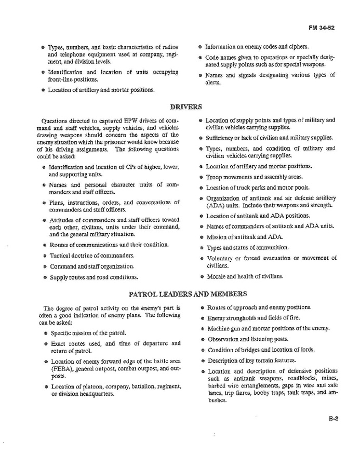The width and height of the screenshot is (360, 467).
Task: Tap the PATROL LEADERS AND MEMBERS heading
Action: tap(188, 294)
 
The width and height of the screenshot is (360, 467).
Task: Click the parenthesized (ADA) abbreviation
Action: tap(214, 205)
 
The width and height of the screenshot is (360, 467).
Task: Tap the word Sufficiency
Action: tap(222, 138)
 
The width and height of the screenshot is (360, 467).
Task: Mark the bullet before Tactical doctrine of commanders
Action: tap(44, 256)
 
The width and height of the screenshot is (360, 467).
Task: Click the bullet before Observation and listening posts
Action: tap(201, 339)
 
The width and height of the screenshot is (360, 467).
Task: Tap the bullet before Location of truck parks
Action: tap(201, 188)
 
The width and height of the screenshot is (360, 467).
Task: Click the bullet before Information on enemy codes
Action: tap(201, 46)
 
